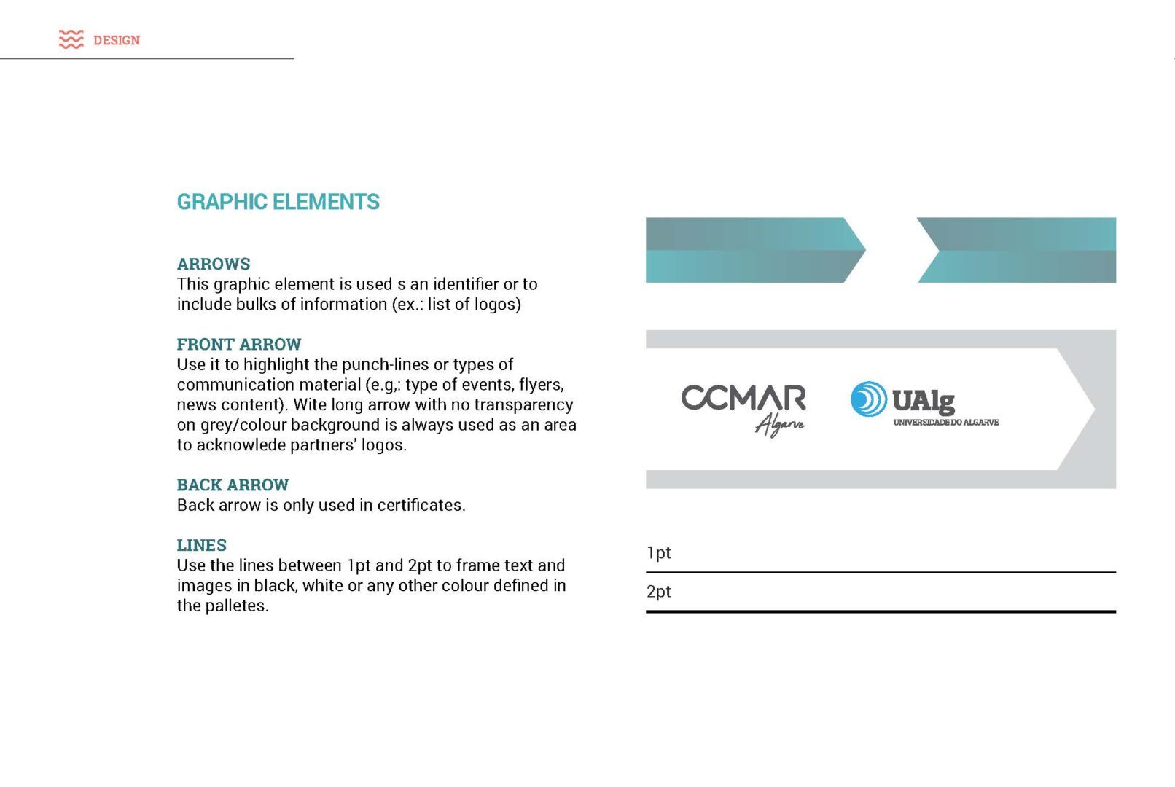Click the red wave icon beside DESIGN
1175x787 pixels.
[71, 39]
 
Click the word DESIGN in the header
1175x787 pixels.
[117, 40]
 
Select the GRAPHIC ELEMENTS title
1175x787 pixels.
[278, 202]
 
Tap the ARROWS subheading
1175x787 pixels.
[214, 264]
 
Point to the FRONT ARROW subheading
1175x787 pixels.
[238, 344]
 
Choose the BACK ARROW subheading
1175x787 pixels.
[233, 485]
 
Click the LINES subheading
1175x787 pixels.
[201, 545]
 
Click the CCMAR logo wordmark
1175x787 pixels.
[743, 398]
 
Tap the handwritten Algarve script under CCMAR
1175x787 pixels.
[779, 424]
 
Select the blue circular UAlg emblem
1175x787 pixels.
[868, 399]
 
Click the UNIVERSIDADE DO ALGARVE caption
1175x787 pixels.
[945, 423]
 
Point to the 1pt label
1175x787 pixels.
[658, 552]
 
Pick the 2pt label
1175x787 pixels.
[658, 591]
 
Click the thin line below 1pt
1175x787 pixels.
[881, 572]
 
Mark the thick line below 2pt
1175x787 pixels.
[881, 611]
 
